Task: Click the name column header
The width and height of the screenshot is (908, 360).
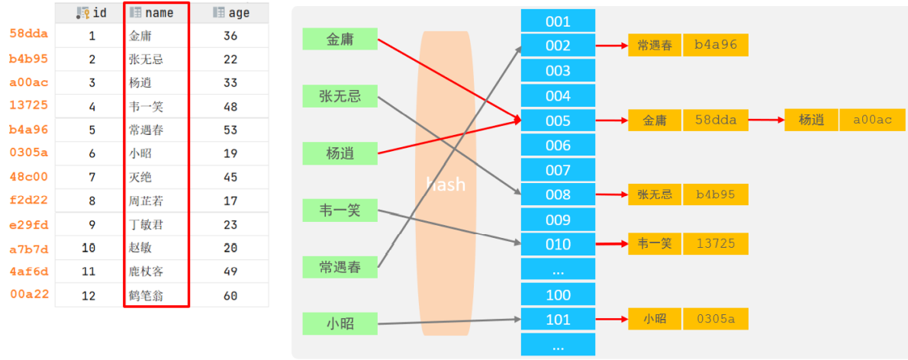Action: point(156,13)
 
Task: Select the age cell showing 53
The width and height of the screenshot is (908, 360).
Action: point(231,130)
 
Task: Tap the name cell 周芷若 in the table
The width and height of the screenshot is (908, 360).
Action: point(146,201)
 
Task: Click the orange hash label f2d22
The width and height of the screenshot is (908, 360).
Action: point(28,201)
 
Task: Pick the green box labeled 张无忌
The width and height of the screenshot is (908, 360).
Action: point(340,96)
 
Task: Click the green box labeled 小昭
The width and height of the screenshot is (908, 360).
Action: point(340,323)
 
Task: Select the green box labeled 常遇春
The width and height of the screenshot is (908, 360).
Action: point(340,267)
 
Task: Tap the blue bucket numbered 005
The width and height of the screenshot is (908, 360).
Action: point(558,121)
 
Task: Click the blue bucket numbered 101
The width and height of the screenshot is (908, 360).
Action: point(558,320)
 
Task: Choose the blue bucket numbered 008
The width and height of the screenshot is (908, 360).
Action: point(558,194)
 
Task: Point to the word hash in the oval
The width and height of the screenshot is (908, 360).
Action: point(445,184)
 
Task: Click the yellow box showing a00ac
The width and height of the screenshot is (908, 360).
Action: point(872,120)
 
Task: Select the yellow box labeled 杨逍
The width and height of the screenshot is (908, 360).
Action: point(811,120)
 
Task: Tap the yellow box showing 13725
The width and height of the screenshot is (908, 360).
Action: point(715,243)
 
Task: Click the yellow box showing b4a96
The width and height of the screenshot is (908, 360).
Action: point(715,45)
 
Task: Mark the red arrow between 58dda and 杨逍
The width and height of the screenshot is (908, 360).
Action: point(765,120)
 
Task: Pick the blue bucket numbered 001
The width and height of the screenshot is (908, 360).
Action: point(558,21)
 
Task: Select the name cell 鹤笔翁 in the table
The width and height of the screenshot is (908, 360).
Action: point(146,295)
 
